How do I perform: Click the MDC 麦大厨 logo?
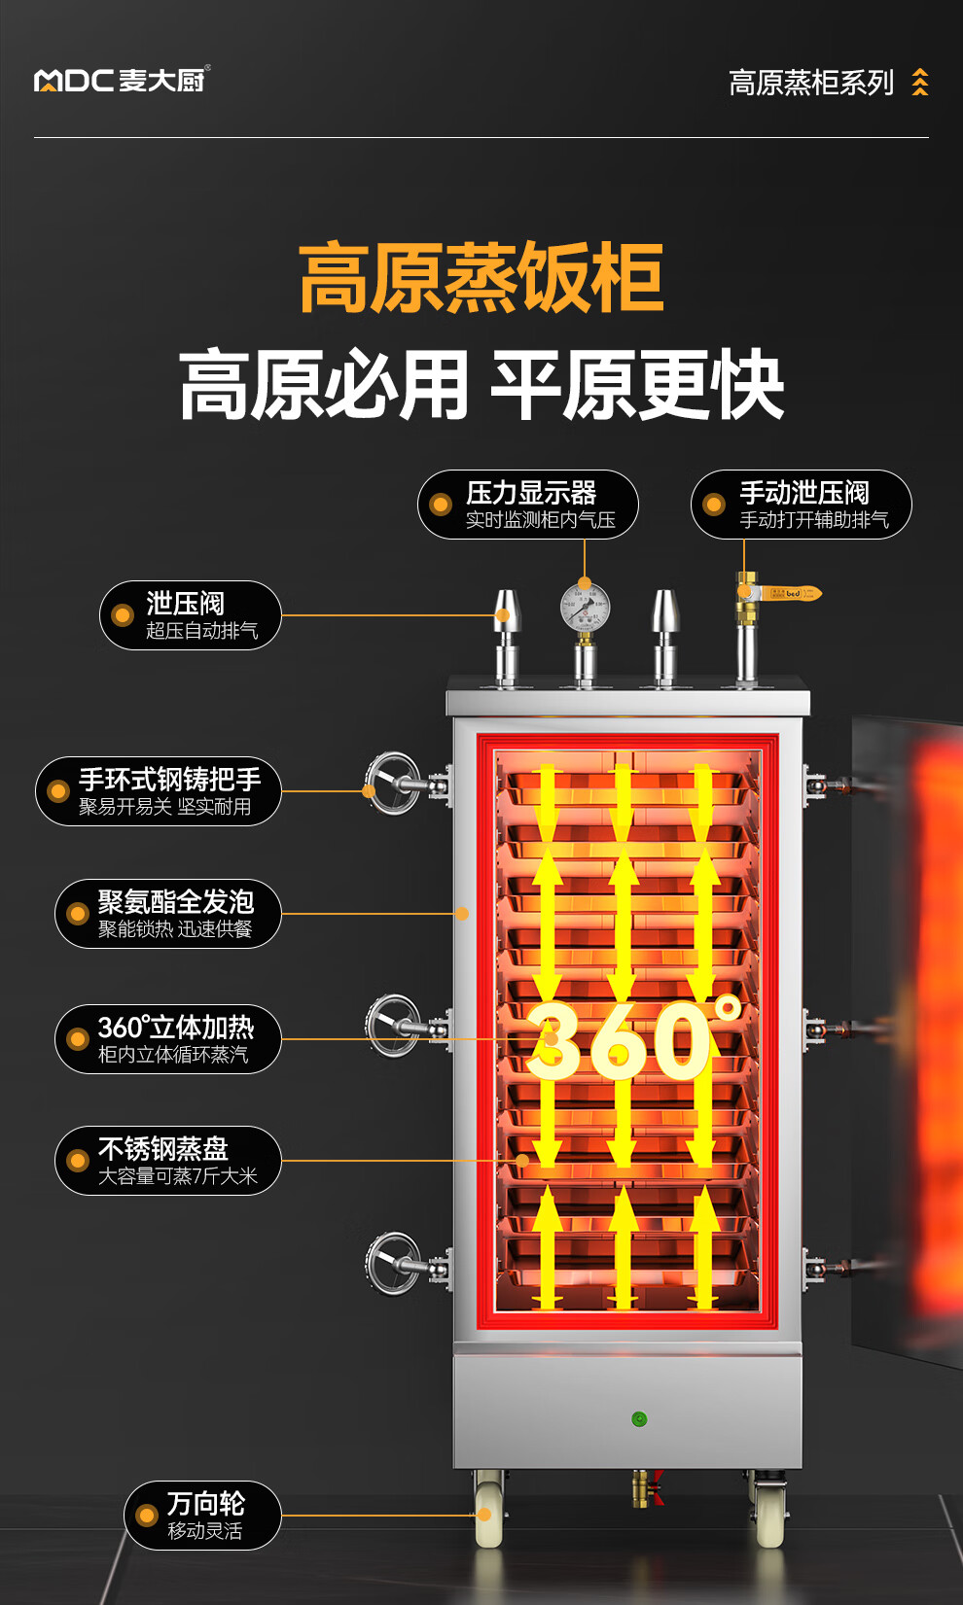click(122, 80)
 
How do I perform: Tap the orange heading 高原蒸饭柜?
click(481, 279)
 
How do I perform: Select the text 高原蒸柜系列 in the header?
click(810, 84)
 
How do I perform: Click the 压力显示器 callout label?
click(528, 505)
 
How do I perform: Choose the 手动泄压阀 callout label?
click(802, 505)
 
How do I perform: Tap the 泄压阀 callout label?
click(191, 615)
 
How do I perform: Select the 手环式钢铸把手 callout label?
click(159, 791)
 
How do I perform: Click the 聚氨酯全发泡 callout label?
click(167, 914)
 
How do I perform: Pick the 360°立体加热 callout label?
click(167, 1039)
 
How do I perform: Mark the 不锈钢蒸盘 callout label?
click(167, 1161)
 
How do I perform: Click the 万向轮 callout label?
click(202, 1516)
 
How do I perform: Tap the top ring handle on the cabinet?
click(394, 783)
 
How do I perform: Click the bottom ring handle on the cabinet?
click(394, 1264)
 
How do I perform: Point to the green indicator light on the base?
click(639, 1419)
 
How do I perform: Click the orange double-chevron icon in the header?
click(920, 83)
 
